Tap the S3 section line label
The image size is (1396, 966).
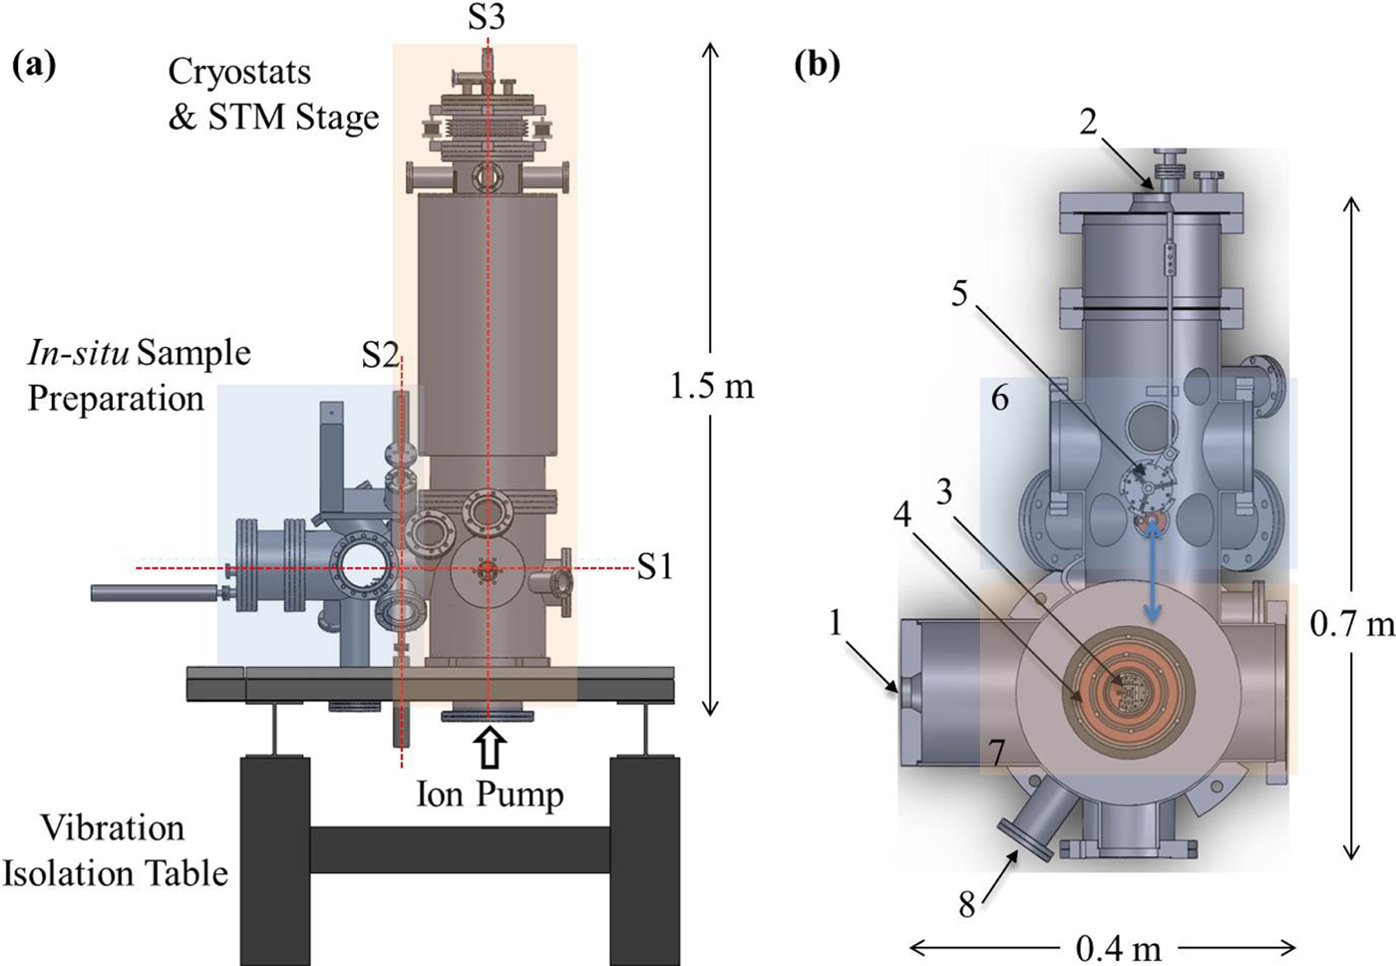point(487,17)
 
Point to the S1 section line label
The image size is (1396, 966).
point(654,567)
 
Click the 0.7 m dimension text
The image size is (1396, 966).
point(1351,625)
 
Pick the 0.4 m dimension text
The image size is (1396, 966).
point(1118,947)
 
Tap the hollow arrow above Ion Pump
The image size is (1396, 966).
point(490,748)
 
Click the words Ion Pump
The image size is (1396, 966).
point(490,795)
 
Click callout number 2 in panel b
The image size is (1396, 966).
point(1088,122)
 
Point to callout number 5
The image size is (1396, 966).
point(959,294)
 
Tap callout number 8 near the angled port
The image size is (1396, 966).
point(965,906)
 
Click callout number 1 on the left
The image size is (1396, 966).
point(836,623)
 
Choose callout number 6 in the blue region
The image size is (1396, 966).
point(999,398)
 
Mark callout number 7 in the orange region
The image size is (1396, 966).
point(998,750)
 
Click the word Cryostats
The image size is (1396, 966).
point(239,72)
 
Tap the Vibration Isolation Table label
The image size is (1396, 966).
point(115,850)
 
